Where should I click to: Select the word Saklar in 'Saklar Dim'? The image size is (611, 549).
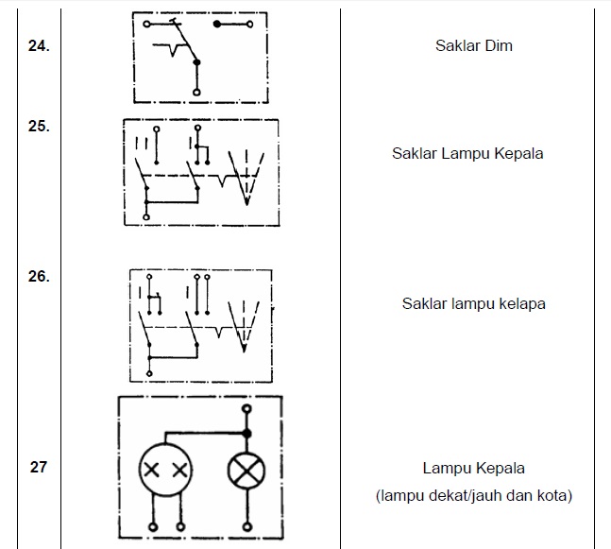(x=456, y=45)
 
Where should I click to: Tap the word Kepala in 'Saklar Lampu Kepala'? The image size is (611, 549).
(x=518, y=153)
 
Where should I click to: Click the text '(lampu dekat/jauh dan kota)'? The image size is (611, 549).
(x=473, y=495)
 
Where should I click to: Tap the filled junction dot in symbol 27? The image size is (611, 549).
(x=247, y=433)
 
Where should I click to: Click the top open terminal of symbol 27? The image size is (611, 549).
(x=247, y=409)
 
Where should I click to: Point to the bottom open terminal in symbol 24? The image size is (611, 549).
(x=196, y=93)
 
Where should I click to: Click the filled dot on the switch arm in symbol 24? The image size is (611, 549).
(x=196, y=62)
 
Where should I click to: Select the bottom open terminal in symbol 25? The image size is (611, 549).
(x=146, y=216)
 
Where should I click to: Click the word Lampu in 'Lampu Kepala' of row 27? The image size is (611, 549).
(x=446, y=468)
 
